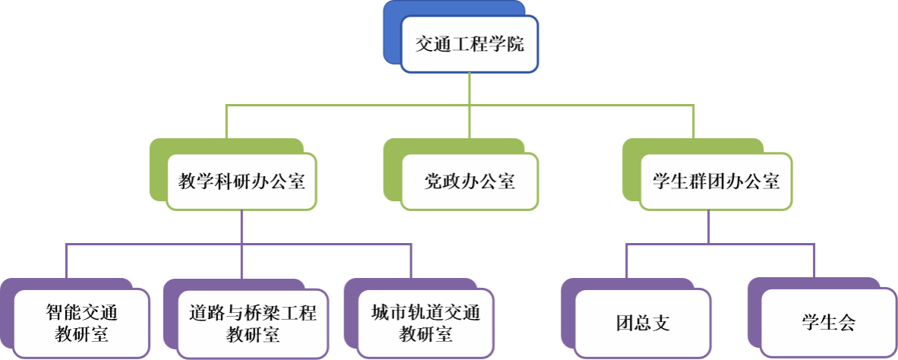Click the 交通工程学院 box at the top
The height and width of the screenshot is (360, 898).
[470, 45]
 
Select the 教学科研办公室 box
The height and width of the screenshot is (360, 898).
[241, 182]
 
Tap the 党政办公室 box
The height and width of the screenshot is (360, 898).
[470, 182]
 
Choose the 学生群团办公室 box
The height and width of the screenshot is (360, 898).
[716, 182]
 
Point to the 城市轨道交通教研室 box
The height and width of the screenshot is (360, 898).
[425, 323]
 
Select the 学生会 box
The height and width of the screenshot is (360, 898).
[827, 323]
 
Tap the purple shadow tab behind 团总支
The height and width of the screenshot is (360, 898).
[568, 319]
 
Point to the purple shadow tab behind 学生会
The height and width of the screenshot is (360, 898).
[754, 319]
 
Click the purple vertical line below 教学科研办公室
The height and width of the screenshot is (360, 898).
[241, 228]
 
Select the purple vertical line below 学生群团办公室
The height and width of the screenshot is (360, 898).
[708, 227]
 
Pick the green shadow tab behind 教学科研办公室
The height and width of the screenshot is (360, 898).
[158, 171]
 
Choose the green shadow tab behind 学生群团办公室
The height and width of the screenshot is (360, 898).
[631, 171]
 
